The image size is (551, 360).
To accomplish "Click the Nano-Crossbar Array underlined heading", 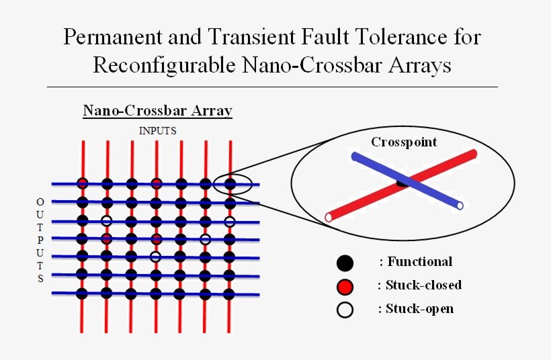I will tap(157, 110).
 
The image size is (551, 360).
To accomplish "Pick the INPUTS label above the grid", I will tap(157, 131).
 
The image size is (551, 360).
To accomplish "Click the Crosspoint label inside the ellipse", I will tap(404, 142).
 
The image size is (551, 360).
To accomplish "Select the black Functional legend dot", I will tap(345, 263).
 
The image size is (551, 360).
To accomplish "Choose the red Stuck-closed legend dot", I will tap(345, 287).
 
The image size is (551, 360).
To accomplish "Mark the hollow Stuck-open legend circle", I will tap(345, 310).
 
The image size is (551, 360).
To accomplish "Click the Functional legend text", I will tap(419, 262).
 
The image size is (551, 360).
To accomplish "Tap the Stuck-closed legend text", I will tap(423, 285).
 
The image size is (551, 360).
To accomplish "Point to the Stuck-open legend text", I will tap(419, 309).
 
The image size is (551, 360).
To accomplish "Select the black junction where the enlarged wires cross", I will tap(402, 181).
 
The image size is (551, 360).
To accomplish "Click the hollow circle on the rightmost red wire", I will tap(230, 222).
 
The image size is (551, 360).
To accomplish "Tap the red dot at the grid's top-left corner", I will tap(82, 183).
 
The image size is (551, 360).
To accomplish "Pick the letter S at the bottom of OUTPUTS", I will tap(40, 279).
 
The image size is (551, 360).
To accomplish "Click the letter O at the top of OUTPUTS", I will tap(40, 201).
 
